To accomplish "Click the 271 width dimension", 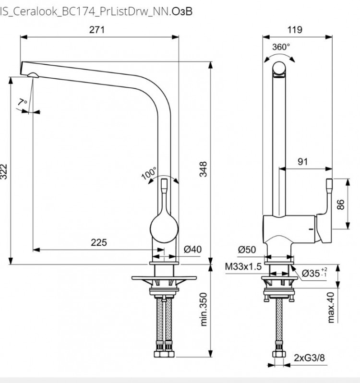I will (x=97, y=30).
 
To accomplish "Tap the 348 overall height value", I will (x=203, y=169).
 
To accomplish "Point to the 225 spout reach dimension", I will (x=99, y=242).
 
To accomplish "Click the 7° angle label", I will (x=22, y=102).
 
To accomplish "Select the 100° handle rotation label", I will (x=149, y=173).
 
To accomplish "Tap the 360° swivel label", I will (x=281, y=47).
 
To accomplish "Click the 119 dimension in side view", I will (x=295, y=30).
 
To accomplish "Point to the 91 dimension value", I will (x=303, y=162).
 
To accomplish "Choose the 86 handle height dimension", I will (x=341, y=204).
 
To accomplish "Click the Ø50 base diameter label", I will (x=247, y=249).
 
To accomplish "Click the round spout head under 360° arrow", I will (x=279, y=70).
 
